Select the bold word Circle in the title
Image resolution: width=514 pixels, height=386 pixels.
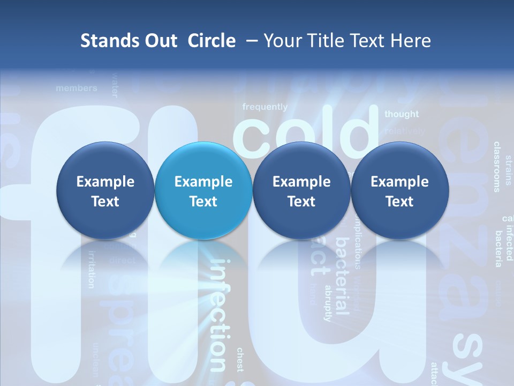coord(211,41)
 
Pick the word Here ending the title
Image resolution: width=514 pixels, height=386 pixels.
coord(411,41)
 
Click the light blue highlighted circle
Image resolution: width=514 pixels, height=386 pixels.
coord(203,191)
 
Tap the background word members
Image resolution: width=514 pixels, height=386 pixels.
coord(77,88)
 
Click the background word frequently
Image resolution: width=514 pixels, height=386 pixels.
coord(265,107)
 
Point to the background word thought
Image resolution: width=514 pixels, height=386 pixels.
coord(402,114)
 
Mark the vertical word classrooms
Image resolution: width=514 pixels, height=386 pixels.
coord(497,167)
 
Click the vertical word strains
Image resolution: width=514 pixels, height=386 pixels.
coord(509,169)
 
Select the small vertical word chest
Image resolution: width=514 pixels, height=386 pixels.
coord(240,360)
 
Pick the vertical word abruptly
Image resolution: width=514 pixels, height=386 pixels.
coord(328,303)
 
